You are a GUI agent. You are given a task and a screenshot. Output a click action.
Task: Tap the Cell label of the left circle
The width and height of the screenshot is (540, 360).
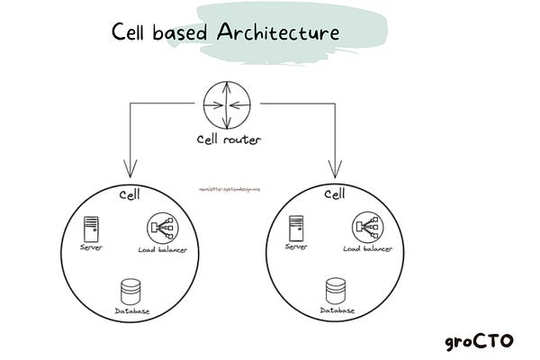(130, 194)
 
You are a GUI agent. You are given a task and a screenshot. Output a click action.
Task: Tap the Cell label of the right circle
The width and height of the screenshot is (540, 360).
(334, 194)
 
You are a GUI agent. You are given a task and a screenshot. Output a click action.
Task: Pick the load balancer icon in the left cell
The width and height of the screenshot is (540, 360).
(159, 227)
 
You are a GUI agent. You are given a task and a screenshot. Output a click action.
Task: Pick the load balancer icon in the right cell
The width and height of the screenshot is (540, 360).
(364, 227)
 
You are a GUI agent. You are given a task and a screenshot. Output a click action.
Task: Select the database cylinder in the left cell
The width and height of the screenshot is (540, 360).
(130, 290)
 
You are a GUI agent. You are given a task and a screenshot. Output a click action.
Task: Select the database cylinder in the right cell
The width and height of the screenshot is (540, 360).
(335, 290)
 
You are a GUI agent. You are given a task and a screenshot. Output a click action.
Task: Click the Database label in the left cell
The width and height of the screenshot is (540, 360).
(131, 310)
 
